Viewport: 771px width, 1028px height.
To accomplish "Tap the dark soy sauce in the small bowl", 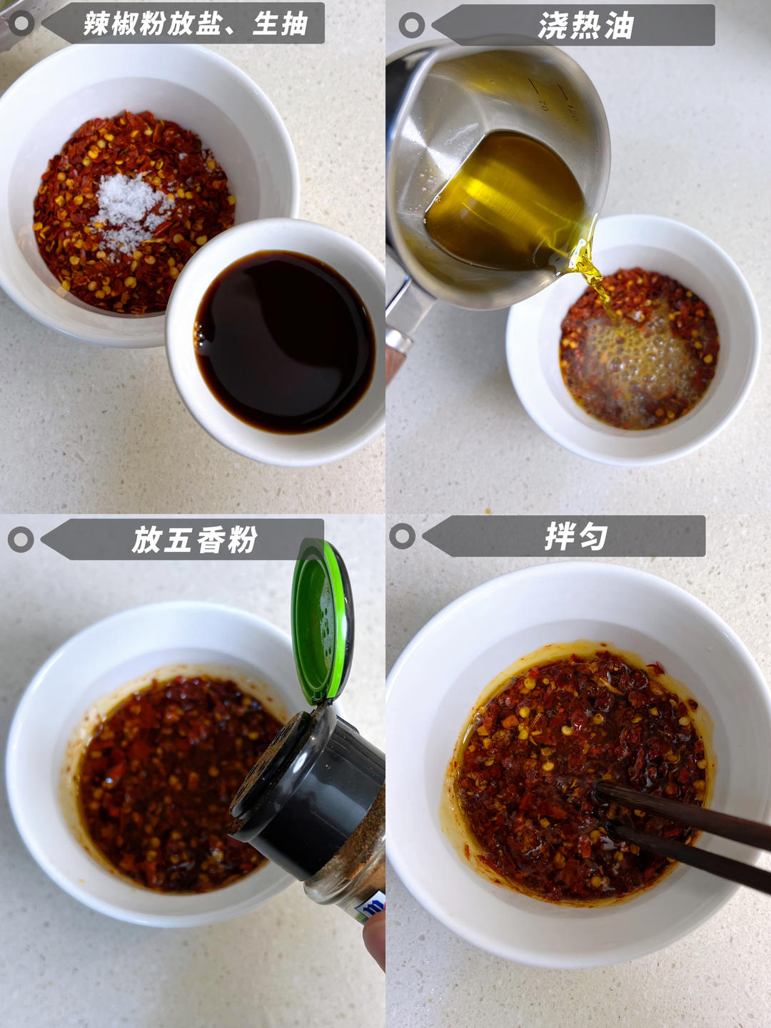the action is [284, 341].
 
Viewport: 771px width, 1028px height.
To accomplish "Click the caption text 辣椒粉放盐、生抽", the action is [196, 24].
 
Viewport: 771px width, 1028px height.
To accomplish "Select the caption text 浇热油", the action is [585, 25].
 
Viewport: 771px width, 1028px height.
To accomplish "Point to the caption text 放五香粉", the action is [194, 539].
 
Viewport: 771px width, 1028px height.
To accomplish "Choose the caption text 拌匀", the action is [576, 536].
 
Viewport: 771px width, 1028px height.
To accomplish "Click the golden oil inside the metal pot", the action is [505, 201].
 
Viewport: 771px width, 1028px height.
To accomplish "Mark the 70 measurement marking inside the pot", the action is [543, 106].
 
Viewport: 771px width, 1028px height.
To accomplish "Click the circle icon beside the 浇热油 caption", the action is [411, 25].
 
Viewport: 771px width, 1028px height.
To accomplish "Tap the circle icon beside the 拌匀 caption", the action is [402, 536].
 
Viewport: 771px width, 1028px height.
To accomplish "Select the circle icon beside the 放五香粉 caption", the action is [21, 540].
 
